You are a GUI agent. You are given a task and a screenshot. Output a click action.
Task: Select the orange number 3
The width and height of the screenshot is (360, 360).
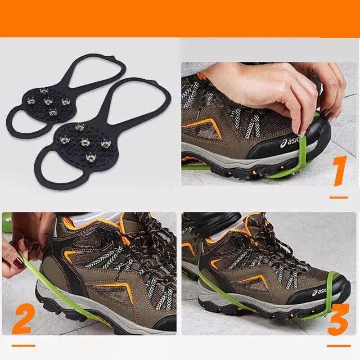pos(338,319)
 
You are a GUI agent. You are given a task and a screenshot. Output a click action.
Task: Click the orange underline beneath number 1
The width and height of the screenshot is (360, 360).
pos(338,197)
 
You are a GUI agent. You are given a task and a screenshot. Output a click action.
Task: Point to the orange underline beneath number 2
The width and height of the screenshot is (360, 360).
pos(23,346)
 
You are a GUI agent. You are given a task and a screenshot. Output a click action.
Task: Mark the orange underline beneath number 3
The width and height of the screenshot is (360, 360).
pos(338,346)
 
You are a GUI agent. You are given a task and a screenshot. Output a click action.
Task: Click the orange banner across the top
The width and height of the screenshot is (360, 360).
pos(180,18)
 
